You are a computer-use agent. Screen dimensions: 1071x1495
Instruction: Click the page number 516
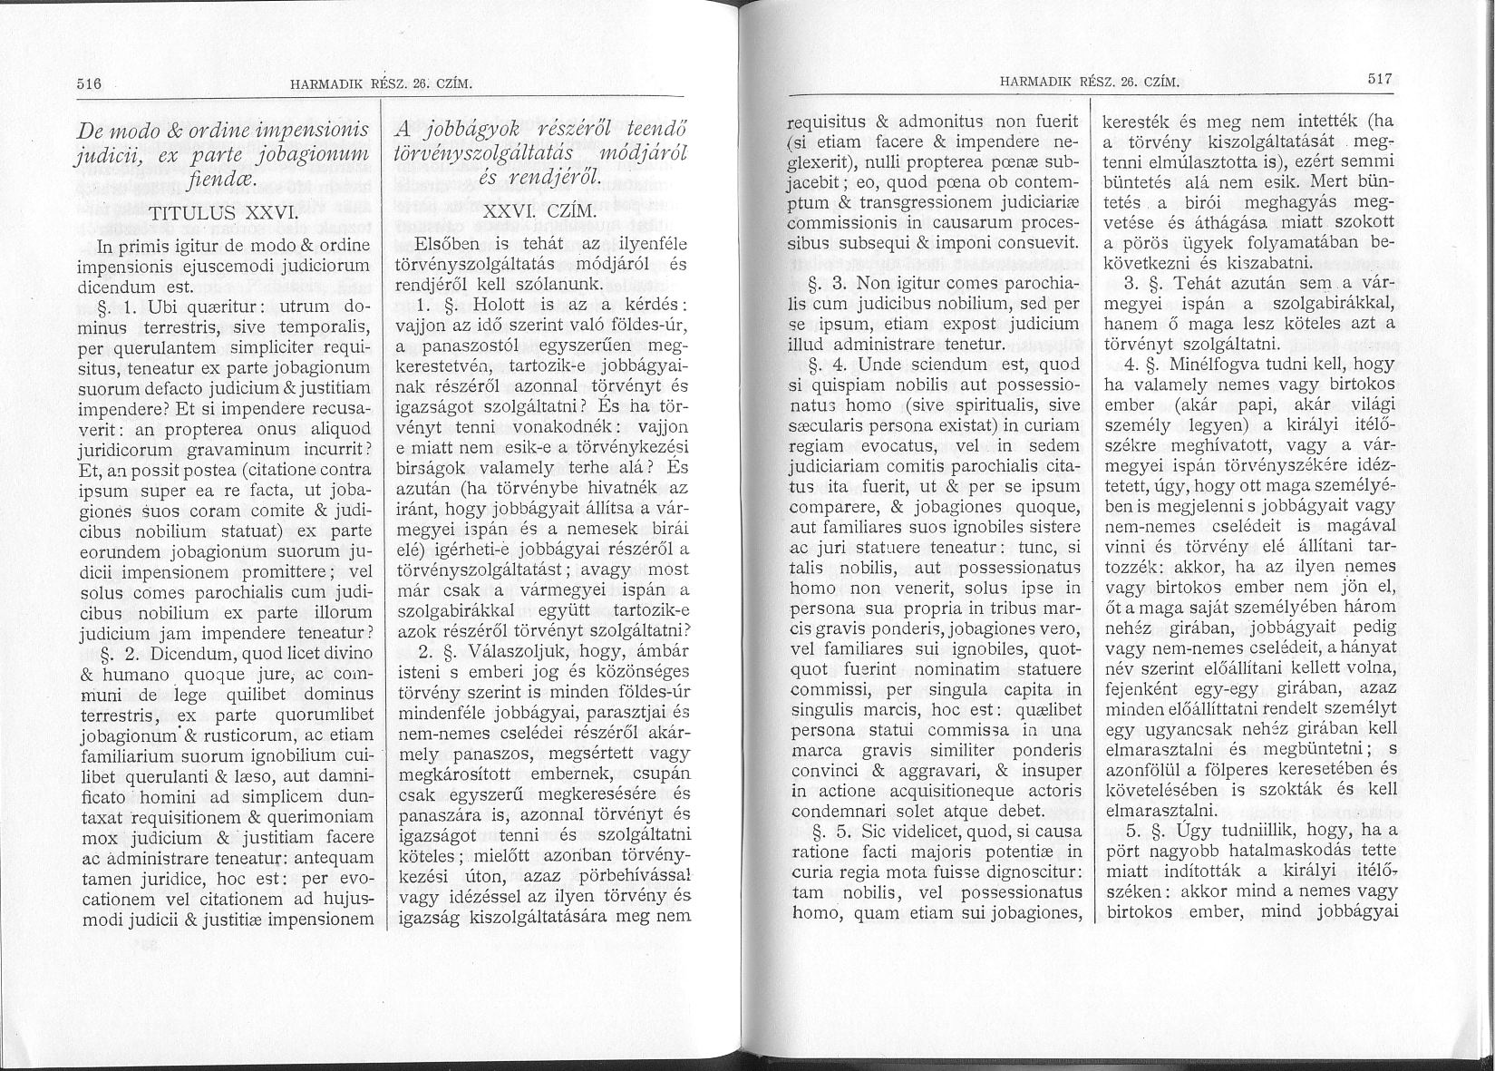87,84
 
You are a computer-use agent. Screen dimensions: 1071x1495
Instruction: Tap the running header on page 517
1087,83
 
